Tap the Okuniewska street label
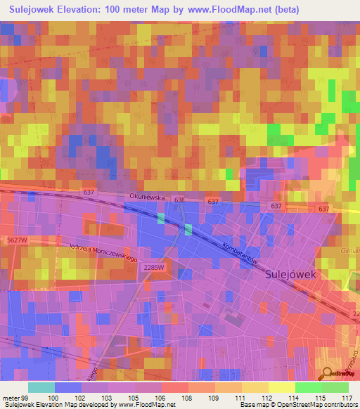[x=146, y=199]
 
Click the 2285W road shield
[x=153, y=267]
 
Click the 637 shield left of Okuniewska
[x=88, y=192]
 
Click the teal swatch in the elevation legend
[x=41, y=387]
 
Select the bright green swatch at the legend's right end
[x=335, y=387]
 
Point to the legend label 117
[x=346, y=398]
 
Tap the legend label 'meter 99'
[x=15, y=398]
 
